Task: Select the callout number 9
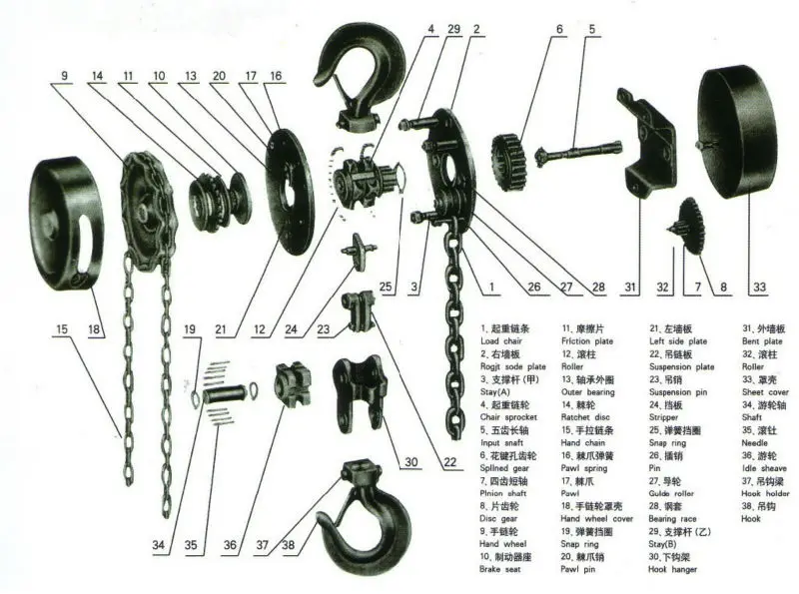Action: click(x=63, y=76)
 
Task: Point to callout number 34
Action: click(x=158, y=547)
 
